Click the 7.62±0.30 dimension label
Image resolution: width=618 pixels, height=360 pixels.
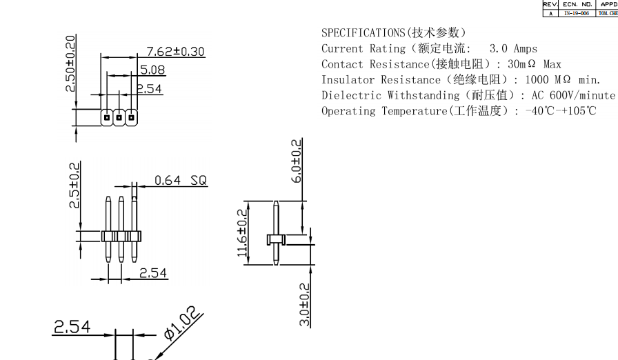[x=175, y=51]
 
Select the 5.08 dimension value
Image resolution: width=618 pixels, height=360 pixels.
[x=152, y=70]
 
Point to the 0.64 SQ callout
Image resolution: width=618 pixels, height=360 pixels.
[x=180, y=181]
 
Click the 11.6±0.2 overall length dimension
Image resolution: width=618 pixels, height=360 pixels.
[x=242, y=232]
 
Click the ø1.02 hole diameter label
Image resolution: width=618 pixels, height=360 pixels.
[x=183, y=324]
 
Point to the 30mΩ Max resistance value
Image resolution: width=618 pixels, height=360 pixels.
[x=535, y=64]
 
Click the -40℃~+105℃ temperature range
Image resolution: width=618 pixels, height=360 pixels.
[x=560, y=111]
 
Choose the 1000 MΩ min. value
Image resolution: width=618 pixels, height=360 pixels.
[x=563, y=79]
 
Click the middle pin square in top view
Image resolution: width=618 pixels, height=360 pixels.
[x=119, y=118]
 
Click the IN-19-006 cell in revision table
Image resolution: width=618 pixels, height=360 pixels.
[x=577, y=13]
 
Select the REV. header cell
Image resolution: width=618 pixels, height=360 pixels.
[x=550, y=4]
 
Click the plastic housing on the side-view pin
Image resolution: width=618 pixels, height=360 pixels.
[x=276, y=239]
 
